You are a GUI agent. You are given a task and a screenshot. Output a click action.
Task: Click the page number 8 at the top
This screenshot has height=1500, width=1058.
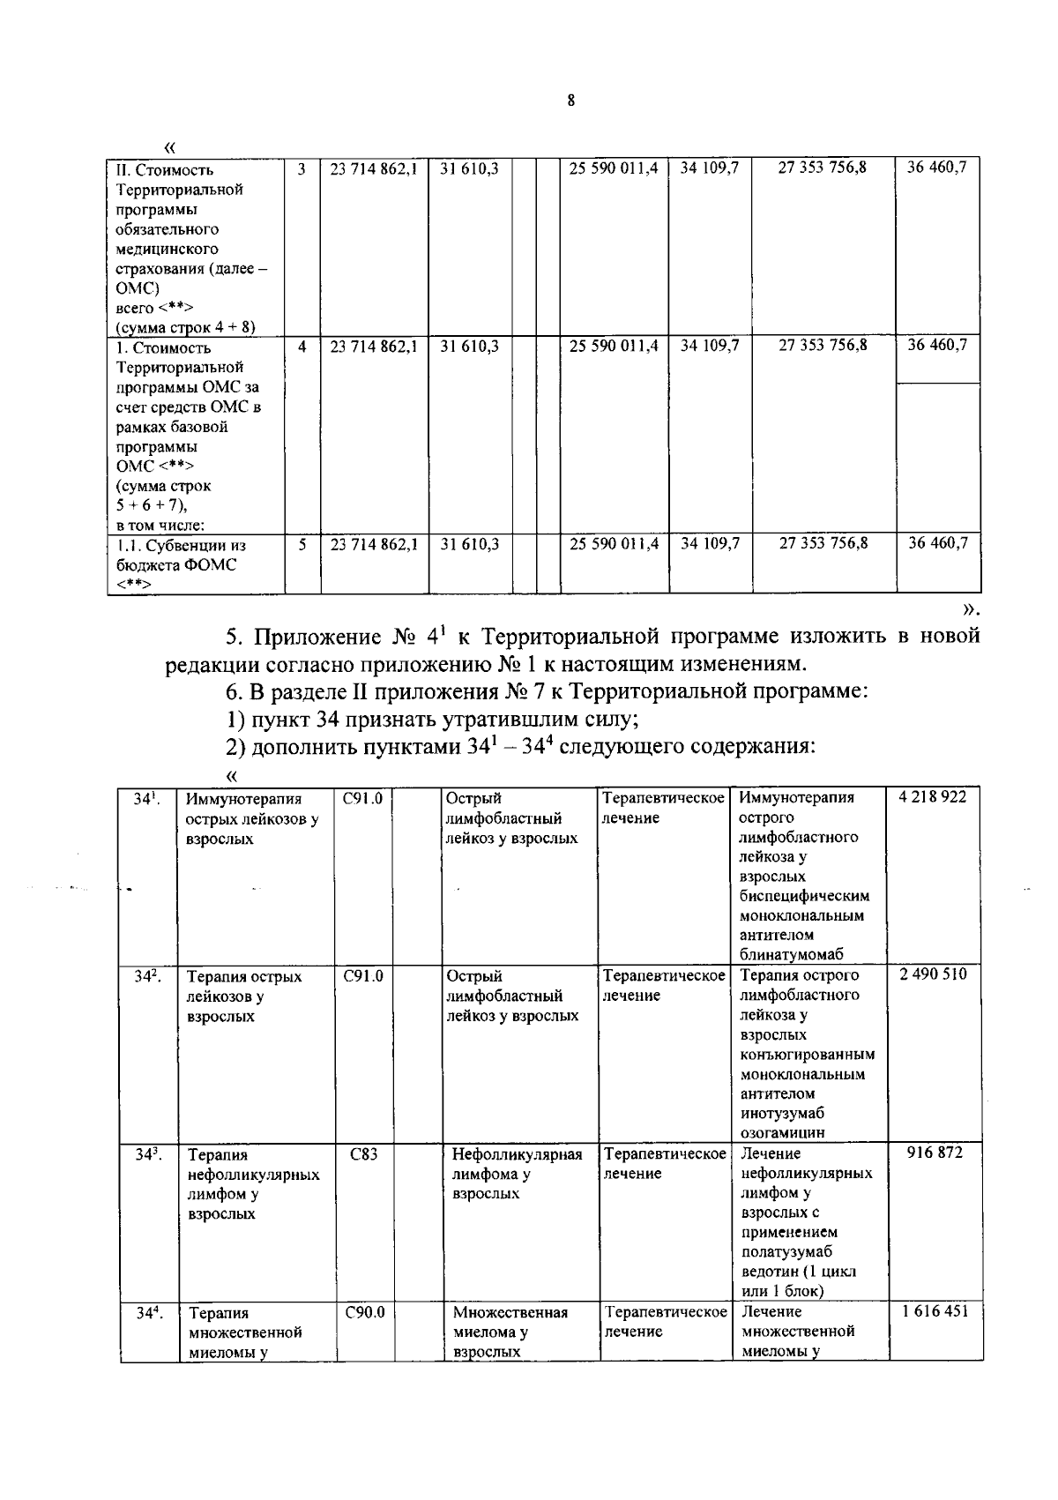pyautogui.click(x=571, y=101)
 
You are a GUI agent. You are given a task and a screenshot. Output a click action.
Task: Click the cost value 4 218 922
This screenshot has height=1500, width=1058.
pyautogui.click(x=932, y=797)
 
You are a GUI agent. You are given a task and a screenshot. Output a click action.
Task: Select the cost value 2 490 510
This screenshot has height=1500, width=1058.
pyautogui.click(x=933, y=974)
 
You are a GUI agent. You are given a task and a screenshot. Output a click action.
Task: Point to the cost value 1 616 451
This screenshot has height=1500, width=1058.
pyautogui.click(x=934, y=1311)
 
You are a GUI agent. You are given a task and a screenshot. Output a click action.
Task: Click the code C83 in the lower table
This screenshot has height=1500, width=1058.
pyautogui.click(x=363, y=1153)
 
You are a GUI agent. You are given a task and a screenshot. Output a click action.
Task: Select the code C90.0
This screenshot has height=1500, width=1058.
pyautogui.click(x=365, y=1312)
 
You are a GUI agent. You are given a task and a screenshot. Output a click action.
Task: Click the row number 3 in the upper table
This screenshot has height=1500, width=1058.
pyautogui.click(x=302, y=168)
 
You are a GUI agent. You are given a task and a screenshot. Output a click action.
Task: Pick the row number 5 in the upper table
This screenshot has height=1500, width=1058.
pyautogui.click(x=302, y=545)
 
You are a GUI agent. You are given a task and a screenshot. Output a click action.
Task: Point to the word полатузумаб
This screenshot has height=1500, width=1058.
pyautogui.click(x=787, y=1252)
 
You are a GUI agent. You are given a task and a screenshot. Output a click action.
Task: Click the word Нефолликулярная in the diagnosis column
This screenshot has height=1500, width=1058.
pyautogui.click(x=517, y=1154)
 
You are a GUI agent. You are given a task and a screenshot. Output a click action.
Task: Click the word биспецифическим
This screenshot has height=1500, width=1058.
pyautogui.click(x=805, y=896)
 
